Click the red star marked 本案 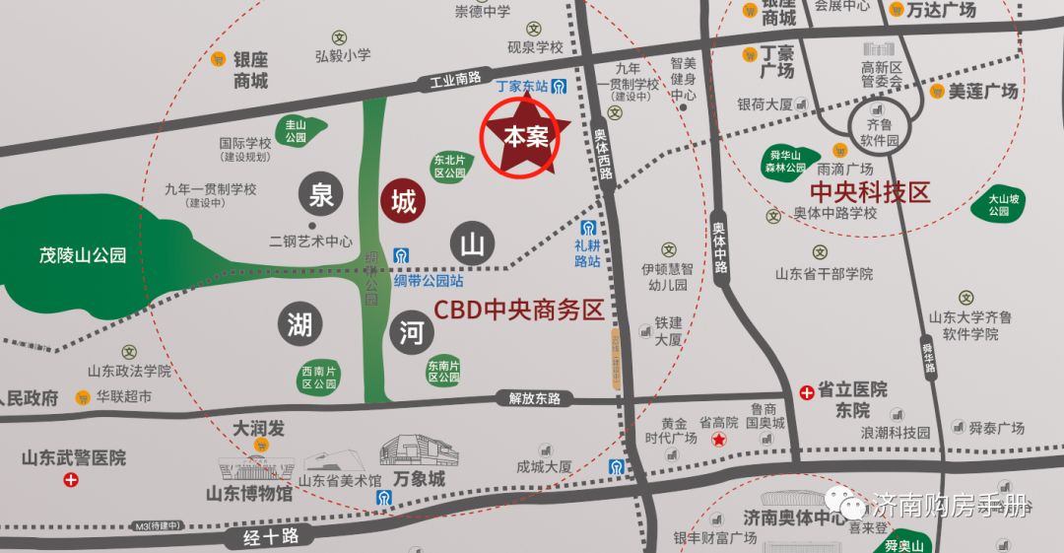pyautogui.click(x=525, y=137)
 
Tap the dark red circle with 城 pyautogui.click(x=402, y=202)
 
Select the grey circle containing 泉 pyautogui.click(x=322, y=195)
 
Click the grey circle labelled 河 pyautogui.click(x=412, y=331)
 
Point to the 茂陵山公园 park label pyautogui.click(x=83, y=255)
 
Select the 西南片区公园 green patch pyautogui.click(x=319, y=377)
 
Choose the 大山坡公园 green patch pyautogui.click(x=999, y=205)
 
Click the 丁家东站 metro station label pyautogui.click(x=522, y=86)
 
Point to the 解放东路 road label pyautogui.click(x=534, y=398)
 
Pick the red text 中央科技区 pyautogui.click(x=869, y=192)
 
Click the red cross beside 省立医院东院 pyautogui.click(x=807, y=391)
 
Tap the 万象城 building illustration pyautogui.click(x=418, y=451)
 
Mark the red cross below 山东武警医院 pyautogui.click(x=70, y=480)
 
